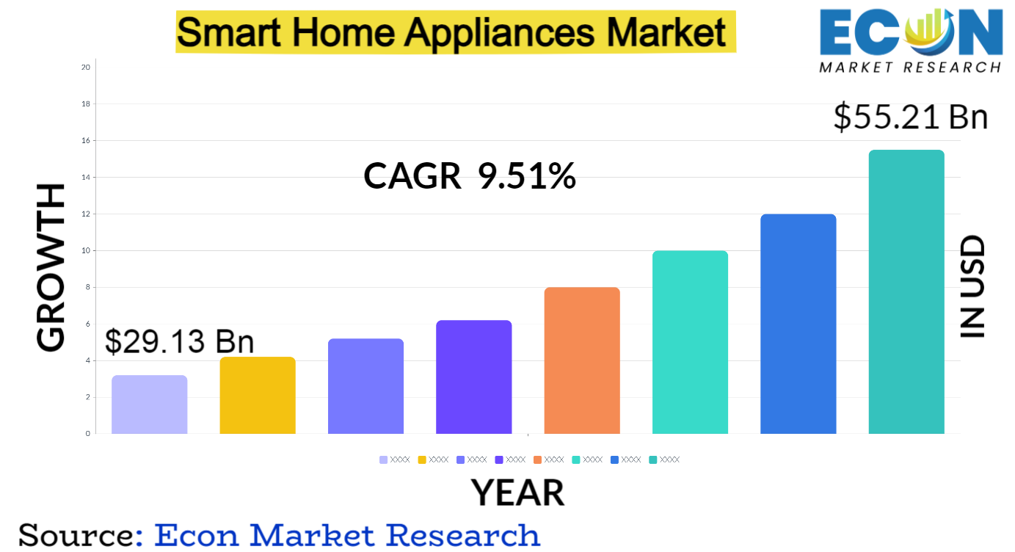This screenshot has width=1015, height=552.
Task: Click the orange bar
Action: point(582,360)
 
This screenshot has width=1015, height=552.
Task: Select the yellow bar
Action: point(258,395)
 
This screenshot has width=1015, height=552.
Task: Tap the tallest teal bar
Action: point(906,291)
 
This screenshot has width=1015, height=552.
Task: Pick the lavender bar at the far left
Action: point(150,404)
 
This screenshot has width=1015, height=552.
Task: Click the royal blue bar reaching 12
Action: point(798,324)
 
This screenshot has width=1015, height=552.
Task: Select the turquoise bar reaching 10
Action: point(690,342)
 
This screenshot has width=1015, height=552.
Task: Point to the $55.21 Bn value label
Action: point(911,117)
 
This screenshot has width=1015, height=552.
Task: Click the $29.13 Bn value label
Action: point(179,342)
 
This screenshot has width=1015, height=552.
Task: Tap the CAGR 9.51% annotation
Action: point(470,177)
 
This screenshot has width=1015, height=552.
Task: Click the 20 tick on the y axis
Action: point(86,68)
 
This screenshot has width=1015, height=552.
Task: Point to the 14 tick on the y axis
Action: point(86,177)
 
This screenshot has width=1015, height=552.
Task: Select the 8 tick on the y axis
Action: point(88,287)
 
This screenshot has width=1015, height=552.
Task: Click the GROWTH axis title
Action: point(51,268)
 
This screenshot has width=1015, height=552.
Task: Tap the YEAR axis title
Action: point(517,493)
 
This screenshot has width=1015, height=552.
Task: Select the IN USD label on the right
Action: point(972,287)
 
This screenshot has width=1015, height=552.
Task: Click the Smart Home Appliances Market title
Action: point(455,32)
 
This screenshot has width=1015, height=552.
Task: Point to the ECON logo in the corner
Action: point(910,41)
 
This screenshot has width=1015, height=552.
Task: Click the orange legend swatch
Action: point(537,460)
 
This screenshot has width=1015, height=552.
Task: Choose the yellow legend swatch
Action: point(422,460)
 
